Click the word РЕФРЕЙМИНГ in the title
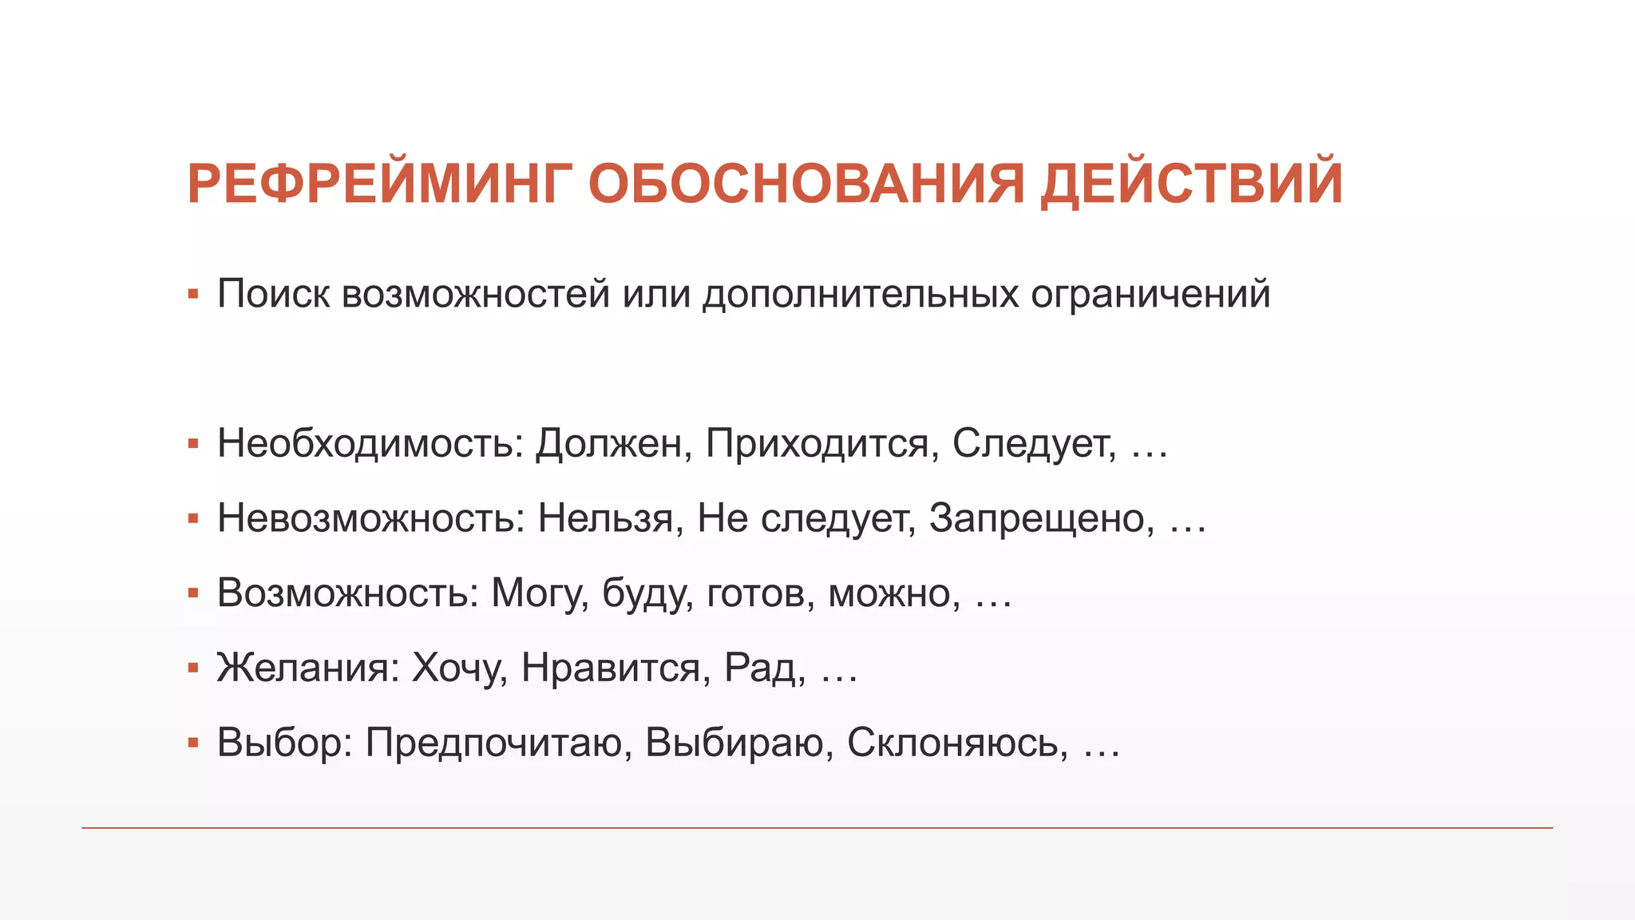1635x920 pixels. click(380, 184)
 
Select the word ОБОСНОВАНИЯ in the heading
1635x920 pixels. click(806, 184)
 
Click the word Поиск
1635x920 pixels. click(273, 294)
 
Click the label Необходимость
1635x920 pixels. click(370, 443)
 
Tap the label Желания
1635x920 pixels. click(307, 668)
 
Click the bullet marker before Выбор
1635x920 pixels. click(192, 744)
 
